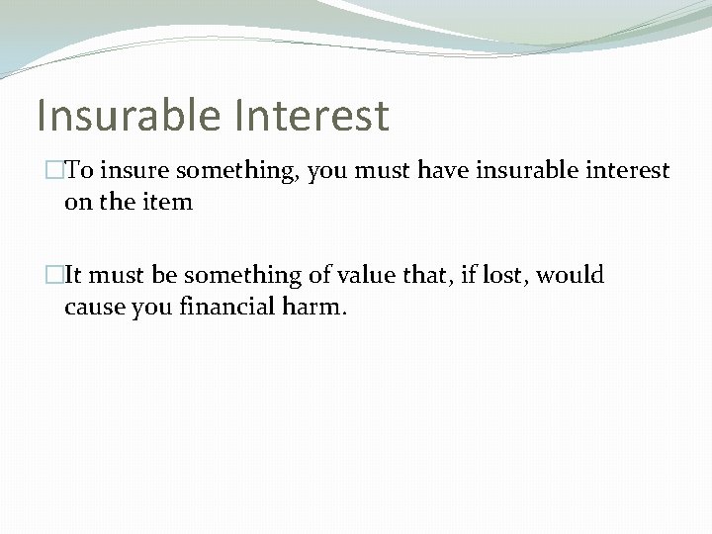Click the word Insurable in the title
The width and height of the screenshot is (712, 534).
(127, 115)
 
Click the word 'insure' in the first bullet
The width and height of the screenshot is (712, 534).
(133, 171)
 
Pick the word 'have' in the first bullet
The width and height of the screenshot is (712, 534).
(446, 171)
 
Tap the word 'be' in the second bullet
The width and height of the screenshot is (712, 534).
(164, 275)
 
